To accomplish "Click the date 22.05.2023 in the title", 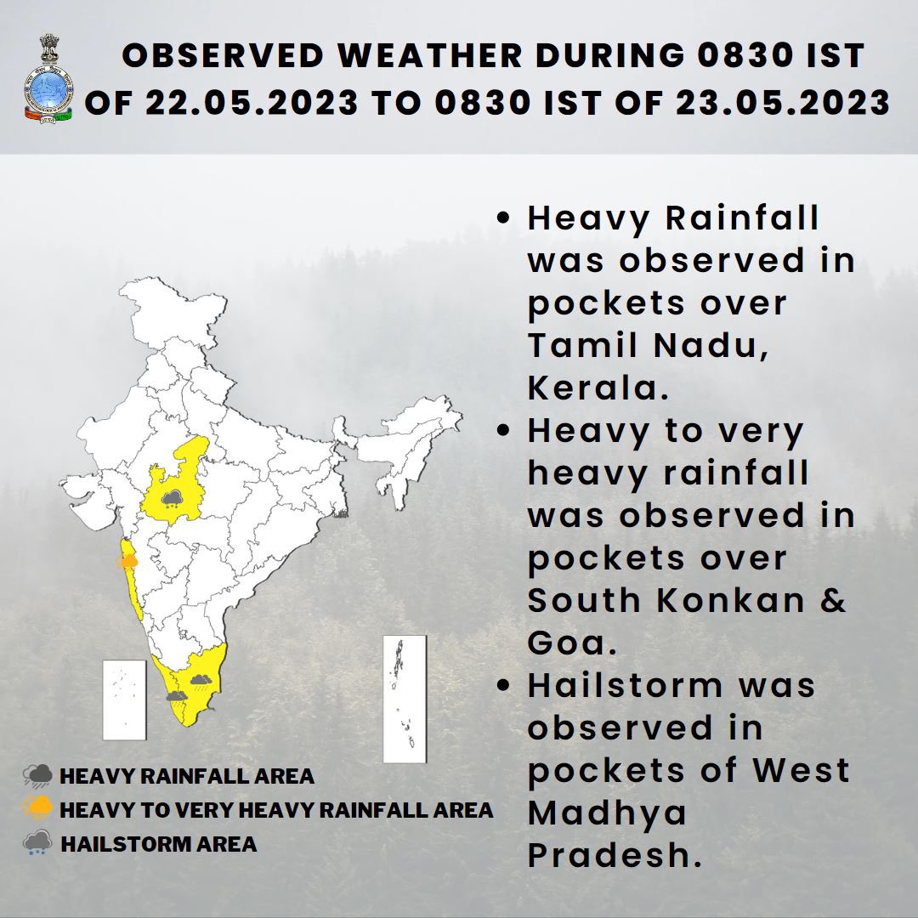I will tap(252, 103).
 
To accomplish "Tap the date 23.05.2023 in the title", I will tap(783, 103).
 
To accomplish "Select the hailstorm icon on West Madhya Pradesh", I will tap(173, 499).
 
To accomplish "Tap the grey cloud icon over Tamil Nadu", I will tap(201, 679).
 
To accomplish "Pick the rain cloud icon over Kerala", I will tap(176, 695).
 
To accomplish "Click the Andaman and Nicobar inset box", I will tap(404, 699).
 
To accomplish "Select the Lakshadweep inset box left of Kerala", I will tap(124, 700).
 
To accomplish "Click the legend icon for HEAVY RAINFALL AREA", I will tap(38, 776).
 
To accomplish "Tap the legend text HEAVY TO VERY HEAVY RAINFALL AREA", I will tap(276, 810).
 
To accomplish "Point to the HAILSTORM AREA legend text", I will tap(159, 844).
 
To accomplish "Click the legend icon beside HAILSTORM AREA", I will tap(38, 843).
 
